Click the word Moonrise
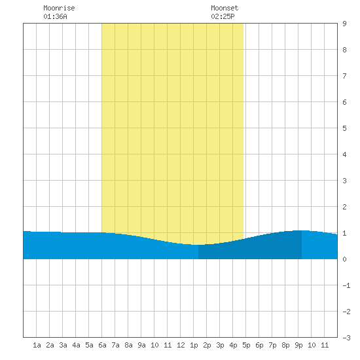coord(59,8)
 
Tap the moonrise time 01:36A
coord(56,16)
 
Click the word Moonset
coord(225,8)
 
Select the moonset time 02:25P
coord(223,16)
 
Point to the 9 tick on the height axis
coord(344,24)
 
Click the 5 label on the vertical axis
coord(344,128)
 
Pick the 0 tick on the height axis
coord(344,259)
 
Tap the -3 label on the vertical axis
coord(346,338)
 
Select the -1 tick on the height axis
coord(346,285)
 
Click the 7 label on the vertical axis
coord(344,76)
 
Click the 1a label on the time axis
coord(37,345)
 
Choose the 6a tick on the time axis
coord(102,345)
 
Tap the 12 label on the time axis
coord(181,345)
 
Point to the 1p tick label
coord(194,345)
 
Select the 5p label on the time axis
coord(246,345)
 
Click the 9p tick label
coord(298,345)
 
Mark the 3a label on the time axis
coord(63,345)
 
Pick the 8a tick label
coord(128,345)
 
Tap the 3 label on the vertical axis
coord(344,181)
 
